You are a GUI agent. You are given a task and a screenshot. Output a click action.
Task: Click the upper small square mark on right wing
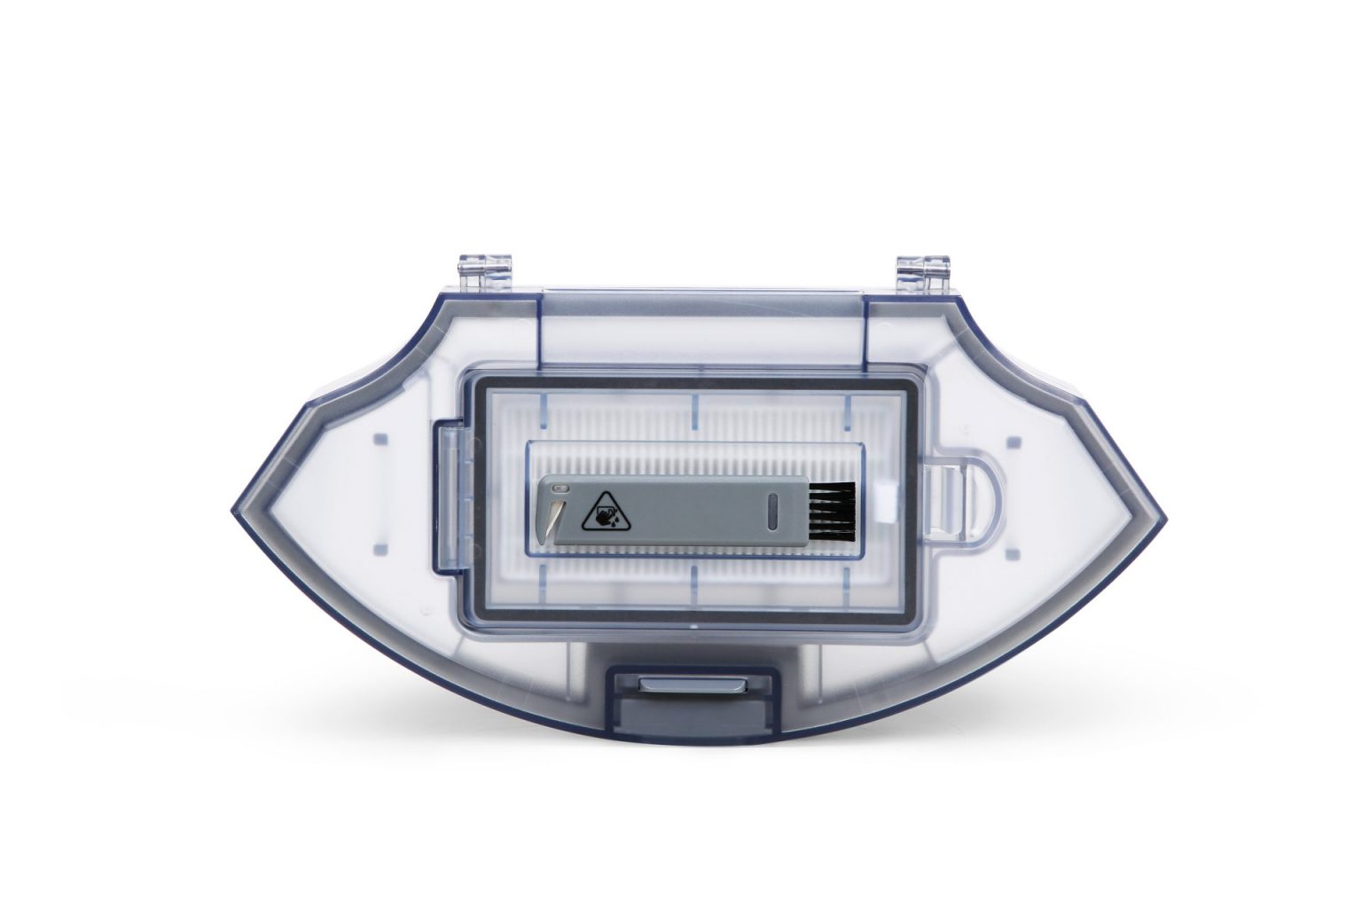[x=1014, y=441]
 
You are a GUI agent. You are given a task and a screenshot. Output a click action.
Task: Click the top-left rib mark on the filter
[x=544, y=406]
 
